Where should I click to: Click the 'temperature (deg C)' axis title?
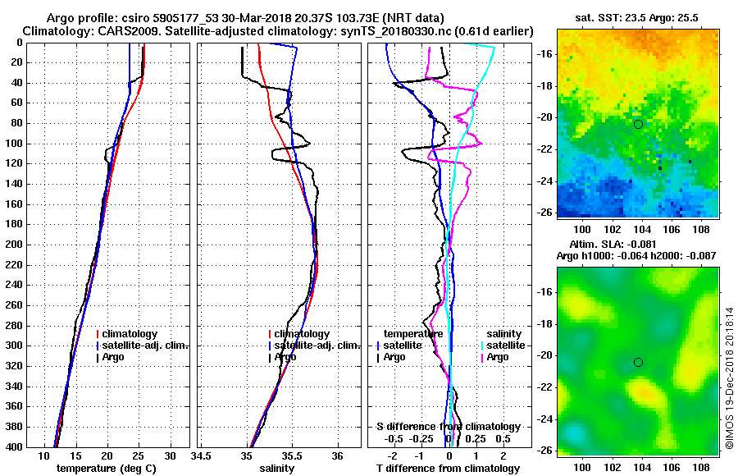pos(106,469)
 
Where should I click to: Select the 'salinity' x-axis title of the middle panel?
pos(276,469)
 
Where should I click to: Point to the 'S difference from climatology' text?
pos(448,427)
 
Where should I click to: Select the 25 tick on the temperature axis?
pos(139,456)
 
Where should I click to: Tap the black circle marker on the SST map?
pos(638,124)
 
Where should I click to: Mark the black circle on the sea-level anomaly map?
pos(638,362)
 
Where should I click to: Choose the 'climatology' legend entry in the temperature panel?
pos(132,334)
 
